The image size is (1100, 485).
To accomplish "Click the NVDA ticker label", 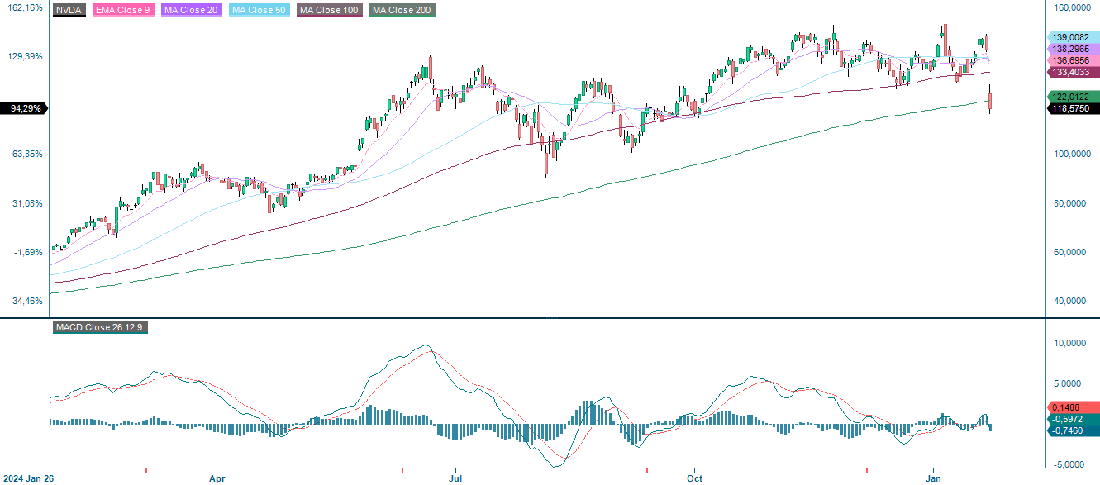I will pos(69,10).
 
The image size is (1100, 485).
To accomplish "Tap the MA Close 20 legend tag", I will pos(190,10).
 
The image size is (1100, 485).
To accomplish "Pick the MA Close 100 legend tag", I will pos(331,10).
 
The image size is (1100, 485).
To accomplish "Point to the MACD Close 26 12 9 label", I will pos(100,327).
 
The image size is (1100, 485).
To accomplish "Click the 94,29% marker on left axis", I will pos(25,108).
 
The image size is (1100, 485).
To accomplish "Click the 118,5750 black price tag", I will pos(1072,108).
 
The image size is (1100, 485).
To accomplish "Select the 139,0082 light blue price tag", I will pos(1072,37).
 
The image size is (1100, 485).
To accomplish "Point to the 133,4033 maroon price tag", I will pos(1072,73).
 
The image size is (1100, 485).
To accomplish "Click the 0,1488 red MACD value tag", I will pos(1072,407).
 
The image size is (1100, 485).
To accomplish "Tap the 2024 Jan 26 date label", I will pos(28,478).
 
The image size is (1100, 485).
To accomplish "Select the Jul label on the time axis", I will pos(455,478).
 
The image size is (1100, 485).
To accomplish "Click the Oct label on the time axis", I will pos(694,478).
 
